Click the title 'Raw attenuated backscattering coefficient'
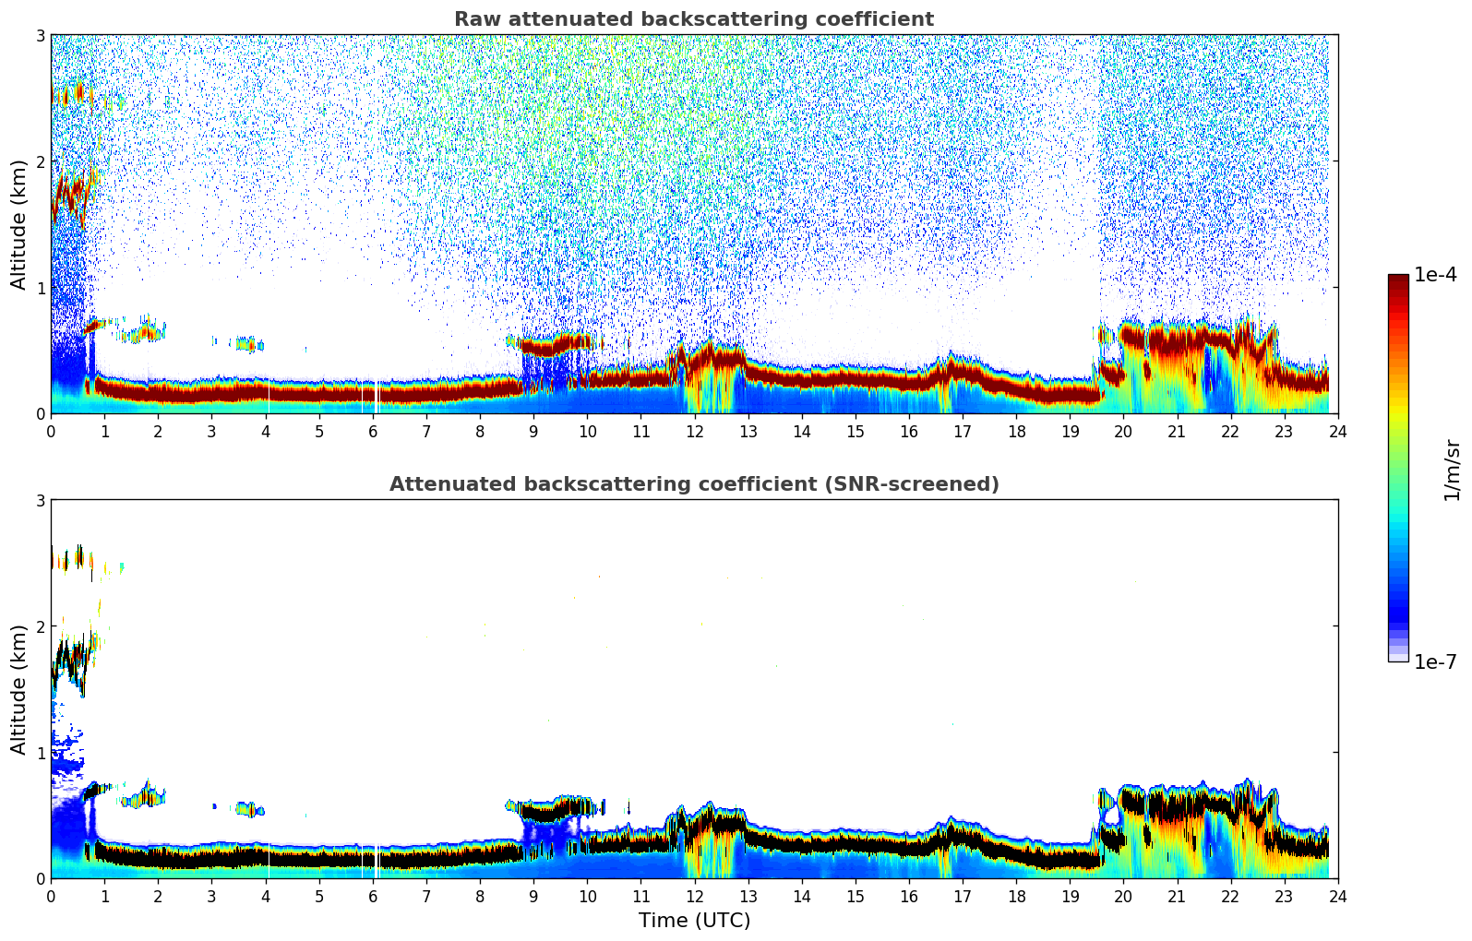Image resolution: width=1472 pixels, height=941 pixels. [693, 19]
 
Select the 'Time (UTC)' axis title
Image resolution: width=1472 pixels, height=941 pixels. [694, 920]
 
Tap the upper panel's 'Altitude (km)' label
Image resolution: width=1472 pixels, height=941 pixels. [19, 224]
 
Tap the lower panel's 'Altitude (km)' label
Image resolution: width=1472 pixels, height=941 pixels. [19, 689]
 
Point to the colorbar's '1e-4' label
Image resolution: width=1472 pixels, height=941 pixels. [1435, 275]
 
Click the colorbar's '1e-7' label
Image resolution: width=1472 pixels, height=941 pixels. [1435, 662]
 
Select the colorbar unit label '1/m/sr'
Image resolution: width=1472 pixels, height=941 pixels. [1452, 470]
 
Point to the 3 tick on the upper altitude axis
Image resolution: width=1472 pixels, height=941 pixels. [41, 35]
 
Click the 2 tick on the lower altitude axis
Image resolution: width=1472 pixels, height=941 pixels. [41, 626]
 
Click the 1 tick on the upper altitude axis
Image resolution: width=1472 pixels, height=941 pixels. [41, 288]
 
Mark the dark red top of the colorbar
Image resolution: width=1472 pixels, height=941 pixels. [1398, 280]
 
